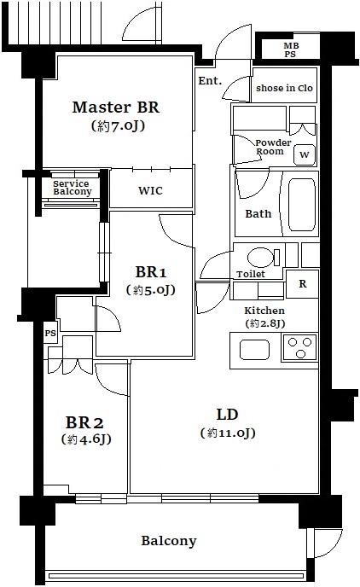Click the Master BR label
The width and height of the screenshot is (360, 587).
click(116, 108)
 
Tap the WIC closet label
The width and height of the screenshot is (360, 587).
click(150, 190)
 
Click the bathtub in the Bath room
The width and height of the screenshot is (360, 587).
click(302, 205)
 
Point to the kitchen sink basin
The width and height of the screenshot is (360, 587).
click(254, 350)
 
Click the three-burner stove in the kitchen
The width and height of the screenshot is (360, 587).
click(299, 347)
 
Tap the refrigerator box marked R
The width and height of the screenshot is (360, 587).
click(302, 284)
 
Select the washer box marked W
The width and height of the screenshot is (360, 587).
click(305, 154)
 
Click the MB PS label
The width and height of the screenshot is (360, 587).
click(291, 49)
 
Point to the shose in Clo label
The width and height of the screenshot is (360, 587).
click(284, 89)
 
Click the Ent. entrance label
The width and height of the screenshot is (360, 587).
click(210, 80)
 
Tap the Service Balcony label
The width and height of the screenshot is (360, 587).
click(72, 188)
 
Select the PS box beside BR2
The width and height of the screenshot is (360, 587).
click(50, 333)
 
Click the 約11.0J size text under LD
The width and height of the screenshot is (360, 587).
click(228, 433)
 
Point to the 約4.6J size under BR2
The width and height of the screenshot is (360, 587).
click(86, 439)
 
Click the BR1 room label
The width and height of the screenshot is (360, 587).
click(150, 272)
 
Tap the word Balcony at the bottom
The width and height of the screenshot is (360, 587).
click(168, 541)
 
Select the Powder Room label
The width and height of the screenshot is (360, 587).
click(272, 147)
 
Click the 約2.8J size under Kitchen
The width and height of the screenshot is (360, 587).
click(265, 323)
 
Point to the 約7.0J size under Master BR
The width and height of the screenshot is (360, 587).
click(118, 125)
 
